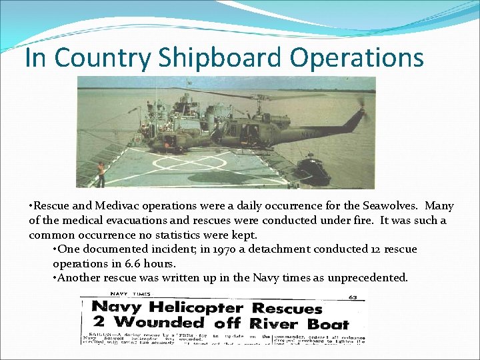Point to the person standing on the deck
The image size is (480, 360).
coord(101,173)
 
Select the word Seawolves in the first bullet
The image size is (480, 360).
coord(379,206)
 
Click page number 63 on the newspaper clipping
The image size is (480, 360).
coord(351,297)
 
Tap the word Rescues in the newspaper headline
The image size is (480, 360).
coord(287,308)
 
